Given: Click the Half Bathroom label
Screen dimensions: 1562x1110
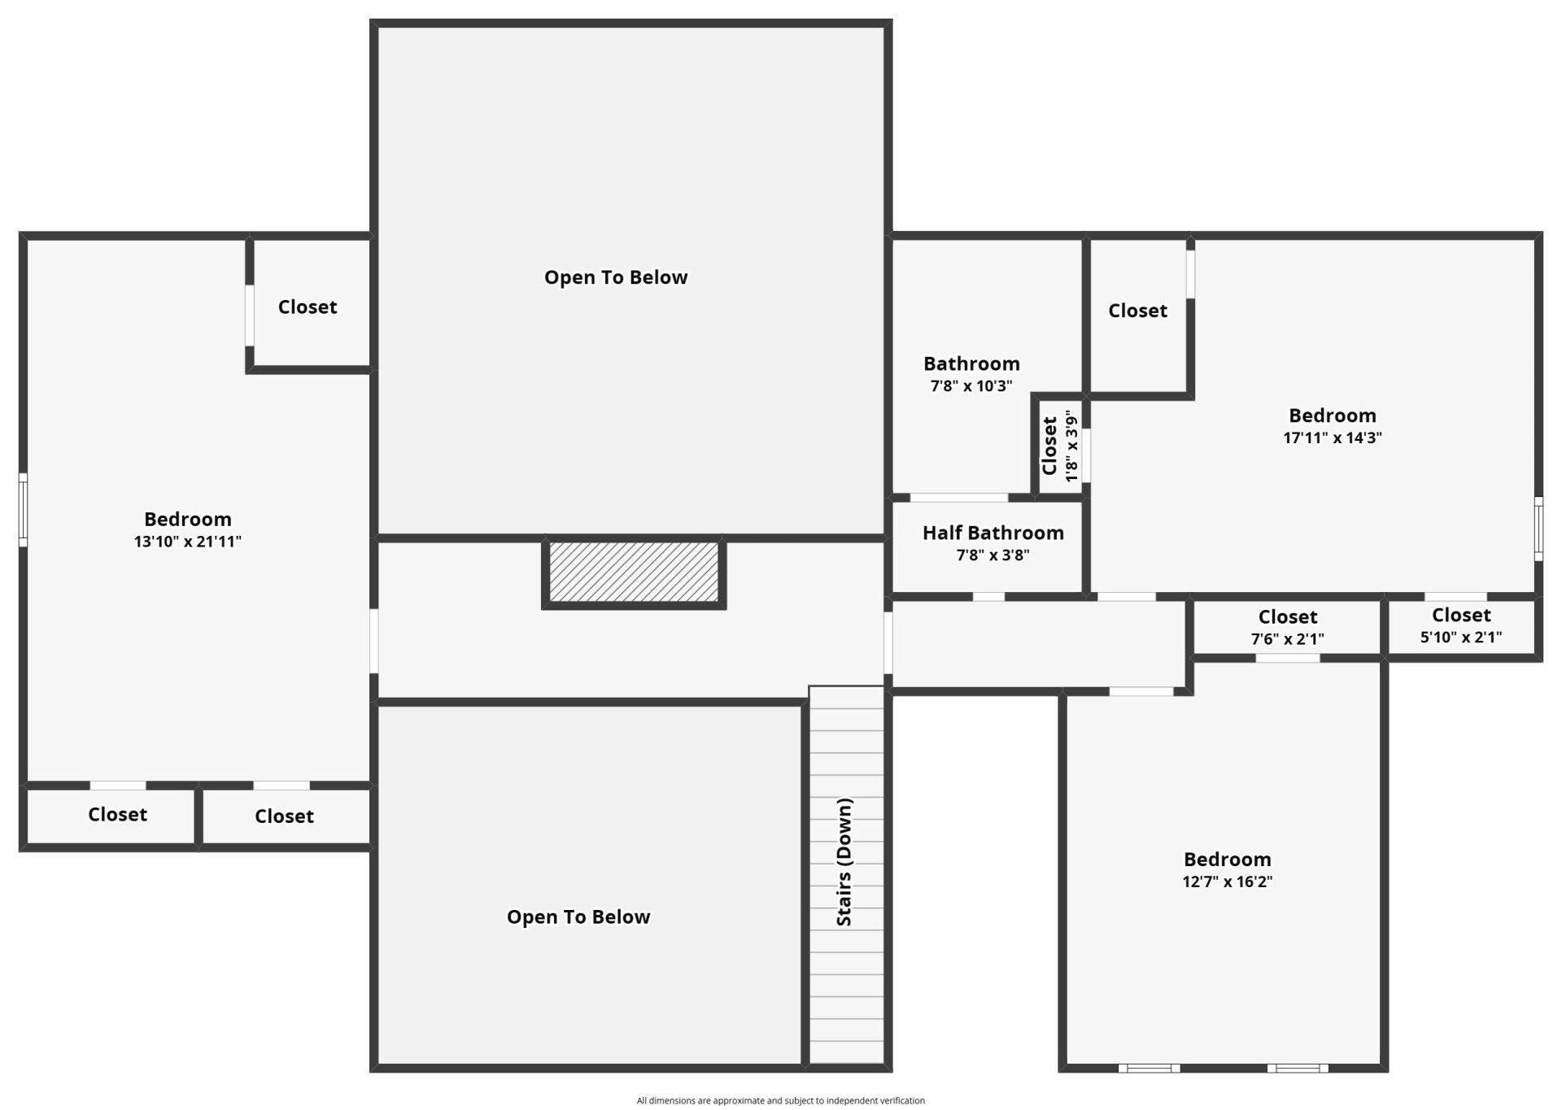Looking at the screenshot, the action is tap(993, 533).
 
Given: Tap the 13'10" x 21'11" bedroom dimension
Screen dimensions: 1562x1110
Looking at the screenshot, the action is tap(188, 542).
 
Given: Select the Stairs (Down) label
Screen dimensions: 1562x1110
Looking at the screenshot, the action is tap(844, 862).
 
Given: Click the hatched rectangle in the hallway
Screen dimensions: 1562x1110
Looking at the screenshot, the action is tap(634, 572).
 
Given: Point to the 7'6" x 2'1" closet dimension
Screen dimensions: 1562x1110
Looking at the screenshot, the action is tap(1287, 639).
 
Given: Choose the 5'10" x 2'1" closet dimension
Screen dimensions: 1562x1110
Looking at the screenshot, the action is tap(1461, 638).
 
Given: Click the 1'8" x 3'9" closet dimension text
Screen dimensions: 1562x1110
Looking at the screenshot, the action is tap(1071, 446).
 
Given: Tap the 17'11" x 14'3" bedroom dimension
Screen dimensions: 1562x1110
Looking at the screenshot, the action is tap(1333, 437).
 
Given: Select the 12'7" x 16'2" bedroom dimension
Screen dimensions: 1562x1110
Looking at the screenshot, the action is tap(1228, 881).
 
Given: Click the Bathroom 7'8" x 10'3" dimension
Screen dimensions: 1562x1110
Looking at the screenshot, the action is tap(971, 386).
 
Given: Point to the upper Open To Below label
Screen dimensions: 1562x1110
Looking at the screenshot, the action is tap(616, 277).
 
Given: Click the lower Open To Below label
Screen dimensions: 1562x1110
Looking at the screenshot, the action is tap(578, 917).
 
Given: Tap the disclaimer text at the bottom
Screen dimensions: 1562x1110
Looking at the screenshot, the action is tap(781, 1101).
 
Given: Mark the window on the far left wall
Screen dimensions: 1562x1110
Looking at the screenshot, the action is tap(24, 511).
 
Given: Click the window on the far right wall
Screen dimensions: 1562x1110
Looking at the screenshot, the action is tap(1538, 529).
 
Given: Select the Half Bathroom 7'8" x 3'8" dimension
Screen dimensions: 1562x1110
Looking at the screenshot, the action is tap(993, 555).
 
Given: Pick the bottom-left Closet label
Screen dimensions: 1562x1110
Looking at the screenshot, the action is tap(118, 814).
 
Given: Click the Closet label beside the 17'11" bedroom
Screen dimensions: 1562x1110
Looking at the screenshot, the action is tap(1137, 311).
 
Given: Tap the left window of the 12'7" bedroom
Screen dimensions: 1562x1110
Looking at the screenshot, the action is tap(1149, 1068).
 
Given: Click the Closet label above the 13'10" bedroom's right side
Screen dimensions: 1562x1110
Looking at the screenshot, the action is tap(308, 307).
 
